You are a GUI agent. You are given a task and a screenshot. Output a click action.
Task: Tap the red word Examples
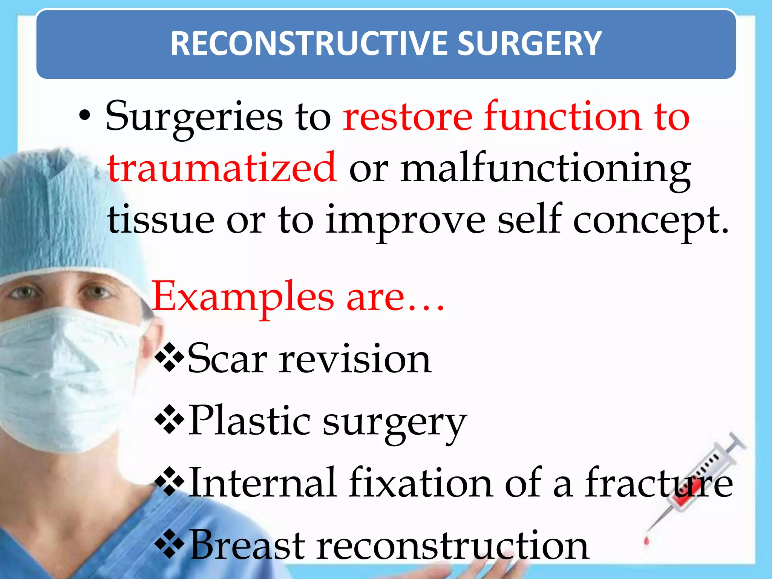[243, 298]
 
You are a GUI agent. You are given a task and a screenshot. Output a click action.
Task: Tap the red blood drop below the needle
[647, 541]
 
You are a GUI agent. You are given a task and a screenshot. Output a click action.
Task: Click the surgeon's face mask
[64, 377]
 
